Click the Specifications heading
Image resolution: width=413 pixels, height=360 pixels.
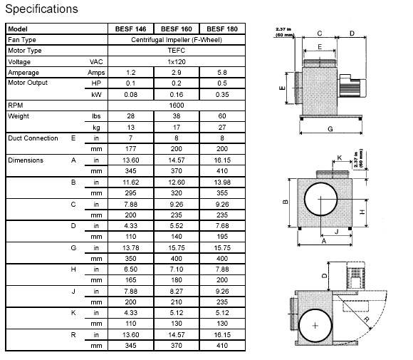[41, 9]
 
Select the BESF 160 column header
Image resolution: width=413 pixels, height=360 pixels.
[177, 29]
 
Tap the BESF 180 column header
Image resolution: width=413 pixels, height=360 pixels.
[222, 29]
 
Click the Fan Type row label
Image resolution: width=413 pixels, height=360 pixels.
[22, 40]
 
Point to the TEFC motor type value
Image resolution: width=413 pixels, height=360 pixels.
[177, 51]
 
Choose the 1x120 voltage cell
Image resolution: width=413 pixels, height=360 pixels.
[177, 62]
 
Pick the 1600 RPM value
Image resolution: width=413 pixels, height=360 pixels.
[177, 106]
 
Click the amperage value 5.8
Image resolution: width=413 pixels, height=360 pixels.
[222, 73]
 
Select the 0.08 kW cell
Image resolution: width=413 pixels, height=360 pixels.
[130, 94]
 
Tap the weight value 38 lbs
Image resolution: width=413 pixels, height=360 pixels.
[177, 116]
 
